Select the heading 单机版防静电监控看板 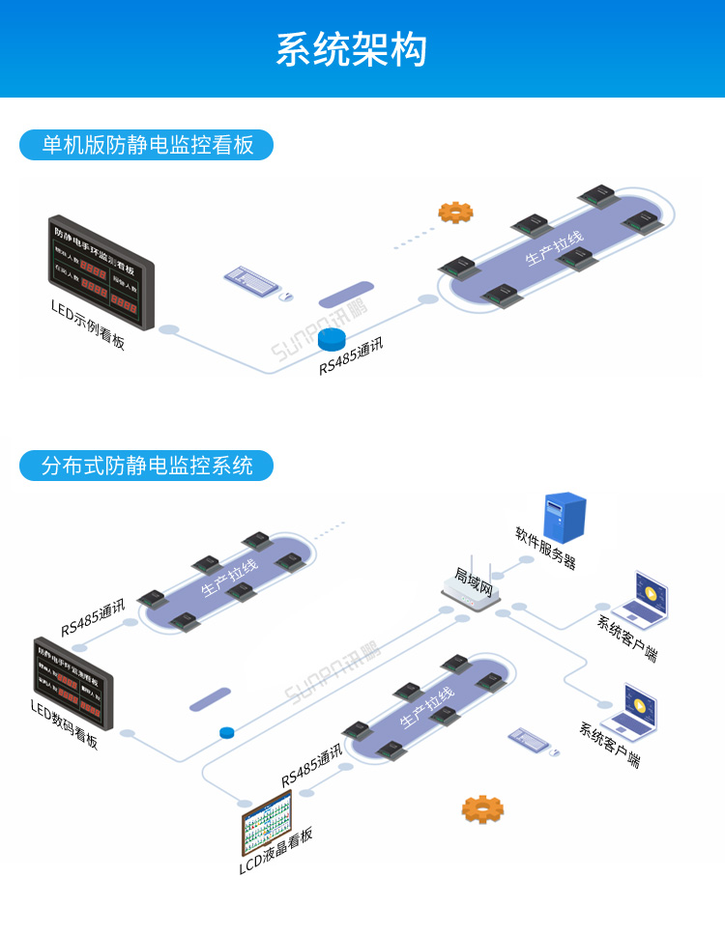(147, 145)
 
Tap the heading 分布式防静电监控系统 (147, 466)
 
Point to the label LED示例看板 (88, 323)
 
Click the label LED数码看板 (64, 725)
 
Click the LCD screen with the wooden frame (266, 822)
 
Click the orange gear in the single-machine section (455, 212)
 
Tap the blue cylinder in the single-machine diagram (332, 338)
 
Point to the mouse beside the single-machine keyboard (285, 297)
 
